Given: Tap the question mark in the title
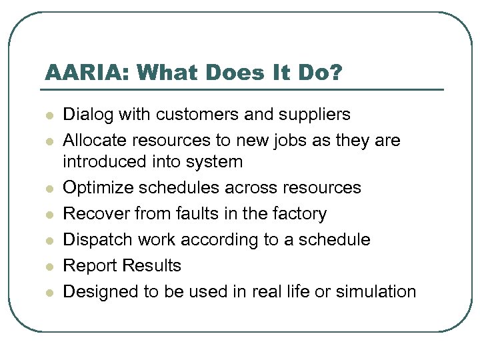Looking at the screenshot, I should (x=335, y=72).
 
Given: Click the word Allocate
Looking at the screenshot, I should (x=94, y=141).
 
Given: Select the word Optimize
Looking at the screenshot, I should (x=94, y=188).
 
